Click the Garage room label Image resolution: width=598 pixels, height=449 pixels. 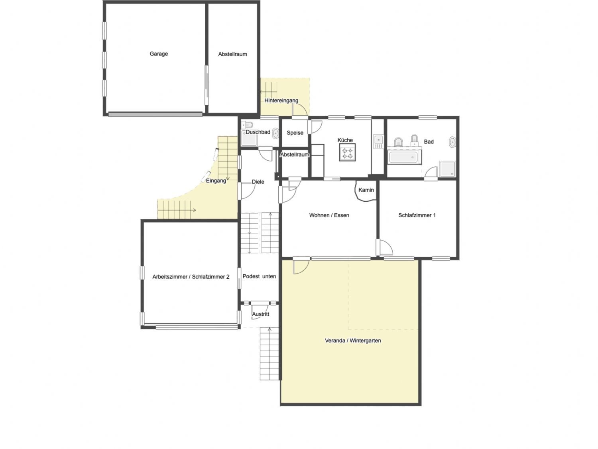click(159, 54)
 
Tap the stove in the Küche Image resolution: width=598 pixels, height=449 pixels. click(347, 152)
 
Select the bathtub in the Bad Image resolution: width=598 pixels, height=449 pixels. click(403, 158)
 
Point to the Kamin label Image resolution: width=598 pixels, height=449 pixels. click(366, 190)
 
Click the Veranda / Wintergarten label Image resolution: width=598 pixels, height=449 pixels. click(353, 341)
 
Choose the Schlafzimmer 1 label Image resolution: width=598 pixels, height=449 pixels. click(417, 215)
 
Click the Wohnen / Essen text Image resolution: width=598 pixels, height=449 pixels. click(329, 215)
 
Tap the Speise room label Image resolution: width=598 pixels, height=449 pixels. click(295, 133)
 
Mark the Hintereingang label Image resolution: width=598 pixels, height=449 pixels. click(281, 100)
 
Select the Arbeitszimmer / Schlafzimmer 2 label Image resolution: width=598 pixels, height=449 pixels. click(191, 277)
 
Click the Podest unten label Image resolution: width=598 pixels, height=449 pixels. click(259, 277)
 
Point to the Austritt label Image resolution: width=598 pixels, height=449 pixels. click(260, 314)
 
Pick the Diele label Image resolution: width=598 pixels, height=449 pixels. click(258, 182)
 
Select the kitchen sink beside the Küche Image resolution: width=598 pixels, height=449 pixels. click(378, 141)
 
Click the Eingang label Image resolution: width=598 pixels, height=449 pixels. click(216, 181)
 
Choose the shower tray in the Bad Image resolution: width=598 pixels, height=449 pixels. click(447, 169)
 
